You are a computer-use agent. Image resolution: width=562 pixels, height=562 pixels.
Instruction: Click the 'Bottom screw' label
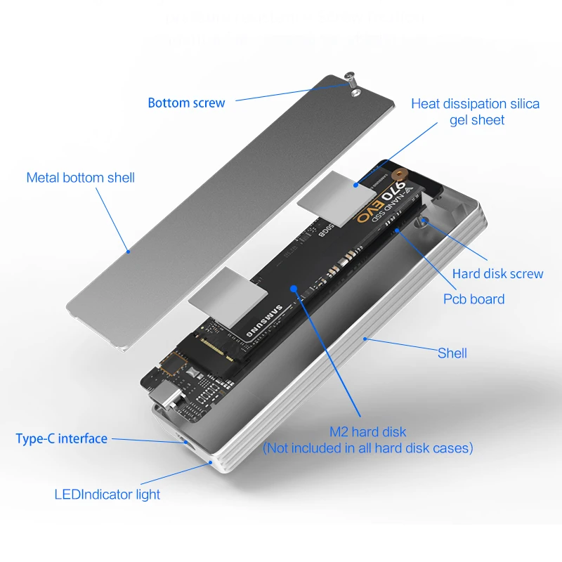point(186,103)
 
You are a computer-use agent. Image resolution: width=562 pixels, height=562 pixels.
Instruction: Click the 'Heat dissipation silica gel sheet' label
point(476,112)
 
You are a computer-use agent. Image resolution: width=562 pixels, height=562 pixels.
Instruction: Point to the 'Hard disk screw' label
point(497,274)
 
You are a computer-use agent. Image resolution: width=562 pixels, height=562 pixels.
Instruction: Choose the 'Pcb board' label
point(473,299)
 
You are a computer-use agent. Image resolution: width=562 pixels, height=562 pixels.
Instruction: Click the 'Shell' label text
point(452,353)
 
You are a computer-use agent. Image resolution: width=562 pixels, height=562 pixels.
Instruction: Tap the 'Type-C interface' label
point(61,439)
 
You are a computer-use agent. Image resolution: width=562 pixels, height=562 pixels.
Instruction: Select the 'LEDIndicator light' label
point(107,495)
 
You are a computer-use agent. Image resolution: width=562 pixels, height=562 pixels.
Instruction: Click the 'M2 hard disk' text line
point(367,431)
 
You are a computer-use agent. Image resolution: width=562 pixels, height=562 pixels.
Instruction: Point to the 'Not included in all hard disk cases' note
point(367,448)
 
